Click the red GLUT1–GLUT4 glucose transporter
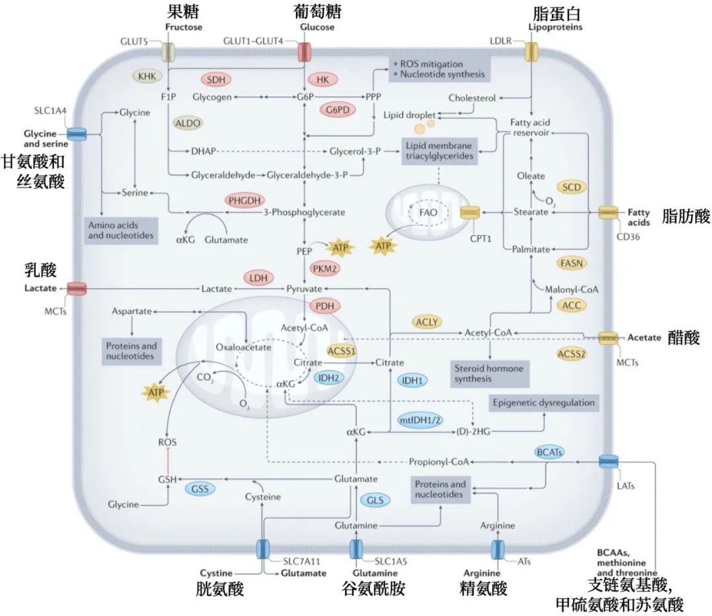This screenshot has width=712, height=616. pyautogui.click(x=304, y=52)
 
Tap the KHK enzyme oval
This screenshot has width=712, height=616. pyautogui.click(x=147, y=76)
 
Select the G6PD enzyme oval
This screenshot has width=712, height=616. pyautogui.click(x=338, y=110)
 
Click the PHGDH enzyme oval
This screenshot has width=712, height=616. pyautogui.click(x=245, y=200)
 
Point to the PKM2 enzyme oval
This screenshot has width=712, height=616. pyautogui.click(x=324, y=269)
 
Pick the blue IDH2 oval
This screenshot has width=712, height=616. pyautogui.click(x=328, y=378)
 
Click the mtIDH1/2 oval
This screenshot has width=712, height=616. pyautogui.click(x=420, y=420)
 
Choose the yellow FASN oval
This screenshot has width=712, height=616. pyautogui.click(x=571, y=264)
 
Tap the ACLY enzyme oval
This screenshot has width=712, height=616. pyautogui.click(x=427, y=322)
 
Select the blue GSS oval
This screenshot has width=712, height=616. pyautogui.click(x=200, y=489)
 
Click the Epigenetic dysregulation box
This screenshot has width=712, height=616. pyautogui.click(x=543, y=403)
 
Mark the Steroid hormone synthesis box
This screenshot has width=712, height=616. pyautogui.click(x=489, y=374)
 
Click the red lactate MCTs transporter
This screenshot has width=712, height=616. pyautogui.click(x=76, y=289)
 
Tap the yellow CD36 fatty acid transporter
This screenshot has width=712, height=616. pyautogui.click(x=608, y=212)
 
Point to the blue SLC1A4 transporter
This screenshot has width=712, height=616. pyautogui.click(x=76, y=134)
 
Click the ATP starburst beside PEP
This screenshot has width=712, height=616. pyautogui.click(x=340, y=248)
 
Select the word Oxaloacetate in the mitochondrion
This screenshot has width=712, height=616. pyautogui.click(x=243, y=347)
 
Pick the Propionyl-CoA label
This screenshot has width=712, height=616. pyautogui.click(x=438, y=462)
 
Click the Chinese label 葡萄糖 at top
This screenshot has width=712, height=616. pyautogui.click(x=317, y=11)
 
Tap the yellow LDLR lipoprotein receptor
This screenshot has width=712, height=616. pyautogui.click(x=531, y=52)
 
